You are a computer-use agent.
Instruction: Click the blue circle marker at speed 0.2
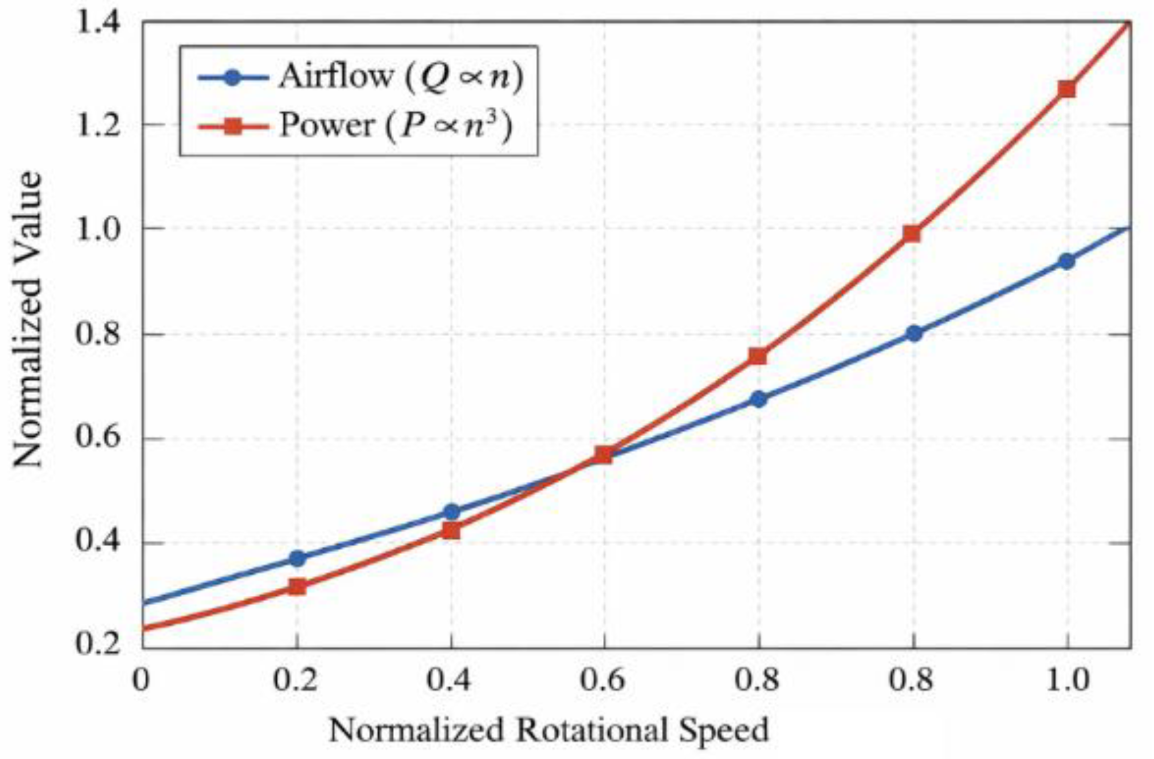coord(297,558)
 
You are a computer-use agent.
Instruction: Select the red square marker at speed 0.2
coord(297,587)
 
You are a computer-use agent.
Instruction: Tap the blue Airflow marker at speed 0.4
coord(451,512)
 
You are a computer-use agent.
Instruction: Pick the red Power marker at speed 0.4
coord(451,531)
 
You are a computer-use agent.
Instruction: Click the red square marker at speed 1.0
coord(1067,89)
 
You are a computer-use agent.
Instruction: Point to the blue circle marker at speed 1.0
coord(1067,262)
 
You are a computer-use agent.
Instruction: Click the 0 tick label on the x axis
coord(142,680)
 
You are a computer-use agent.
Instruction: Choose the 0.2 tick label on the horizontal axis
coord(296,680)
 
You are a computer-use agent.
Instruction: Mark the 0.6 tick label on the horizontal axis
coord(603,680)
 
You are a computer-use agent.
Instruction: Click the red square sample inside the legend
coord(233,127)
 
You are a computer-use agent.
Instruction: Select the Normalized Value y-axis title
coord(28,319)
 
